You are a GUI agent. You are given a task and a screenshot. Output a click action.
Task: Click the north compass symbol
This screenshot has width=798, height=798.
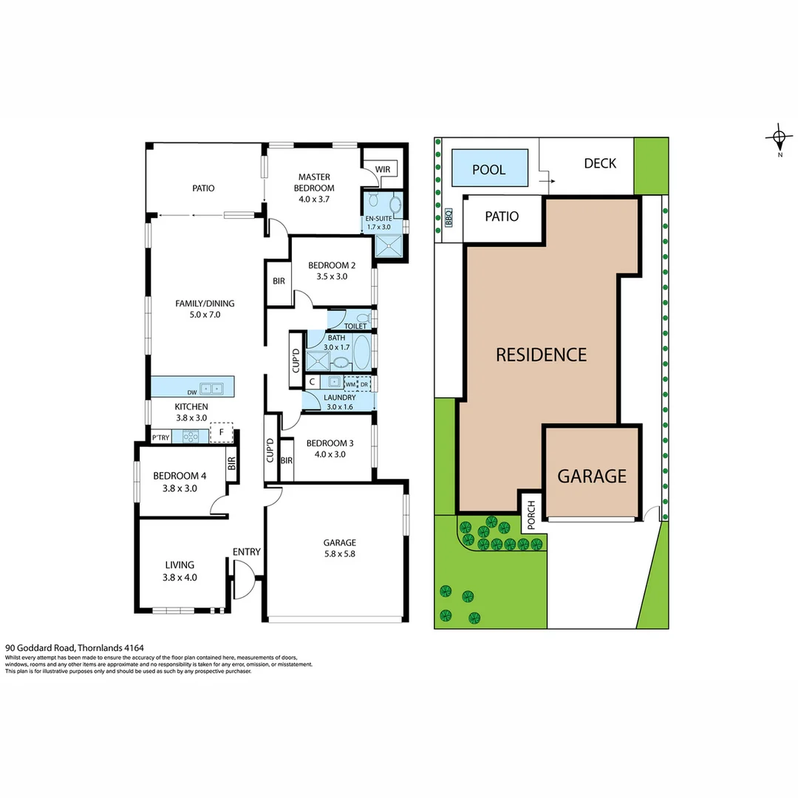pos(778,137)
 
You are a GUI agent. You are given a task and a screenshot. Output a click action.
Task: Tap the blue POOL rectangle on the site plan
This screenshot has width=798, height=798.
pos(489,169)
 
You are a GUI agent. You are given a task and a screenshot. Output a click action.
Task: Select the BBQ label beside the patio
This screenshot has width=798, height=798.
pos(449,219)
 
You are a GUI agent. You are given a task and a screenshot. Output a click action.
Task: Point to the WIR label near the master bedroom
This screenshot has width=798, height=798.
pos(382,169)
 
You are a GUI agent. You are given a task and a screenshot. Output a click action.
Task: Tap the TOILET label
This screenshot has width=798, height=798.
pos(355,325)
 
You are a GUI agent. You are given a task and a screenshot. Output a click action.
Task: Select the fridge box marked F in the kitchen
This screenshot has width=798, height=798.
pos(221,432)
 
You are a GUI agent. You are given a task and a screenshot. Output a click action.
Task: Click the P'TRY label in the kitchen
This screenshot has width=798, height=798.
pos(160,437)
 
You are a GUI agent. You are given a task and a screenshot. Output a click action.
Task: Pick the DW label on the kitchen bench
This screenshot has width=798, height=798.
pos(191,392)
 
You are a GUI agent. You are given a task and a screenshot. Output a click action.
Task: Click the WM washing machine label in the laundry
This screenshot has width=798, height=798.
pos(349,384)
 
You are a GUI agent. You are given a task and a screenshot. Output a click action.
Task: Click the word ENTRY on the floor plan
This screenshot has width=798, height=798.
pos(245,551)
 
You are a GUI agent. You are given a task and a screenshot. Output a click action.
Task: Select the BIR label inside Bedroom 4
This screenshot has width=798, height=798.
pos(231,464)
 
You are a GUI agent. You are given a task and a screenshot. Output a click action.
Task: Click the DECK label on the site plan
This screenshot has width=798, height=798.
pos(599,163)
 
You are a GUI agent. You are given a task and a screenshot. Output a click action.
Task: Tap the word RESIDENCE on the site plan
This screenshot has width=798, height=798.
pos(541,355)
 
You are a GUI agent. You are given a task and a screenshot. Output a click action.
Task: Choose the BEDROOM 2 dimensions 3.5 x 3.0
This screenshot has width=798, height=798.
pos(332,276)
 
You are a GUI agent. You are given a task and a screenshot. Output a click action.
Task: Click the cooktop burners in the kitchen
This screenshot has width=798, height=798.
pos(191,436)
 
